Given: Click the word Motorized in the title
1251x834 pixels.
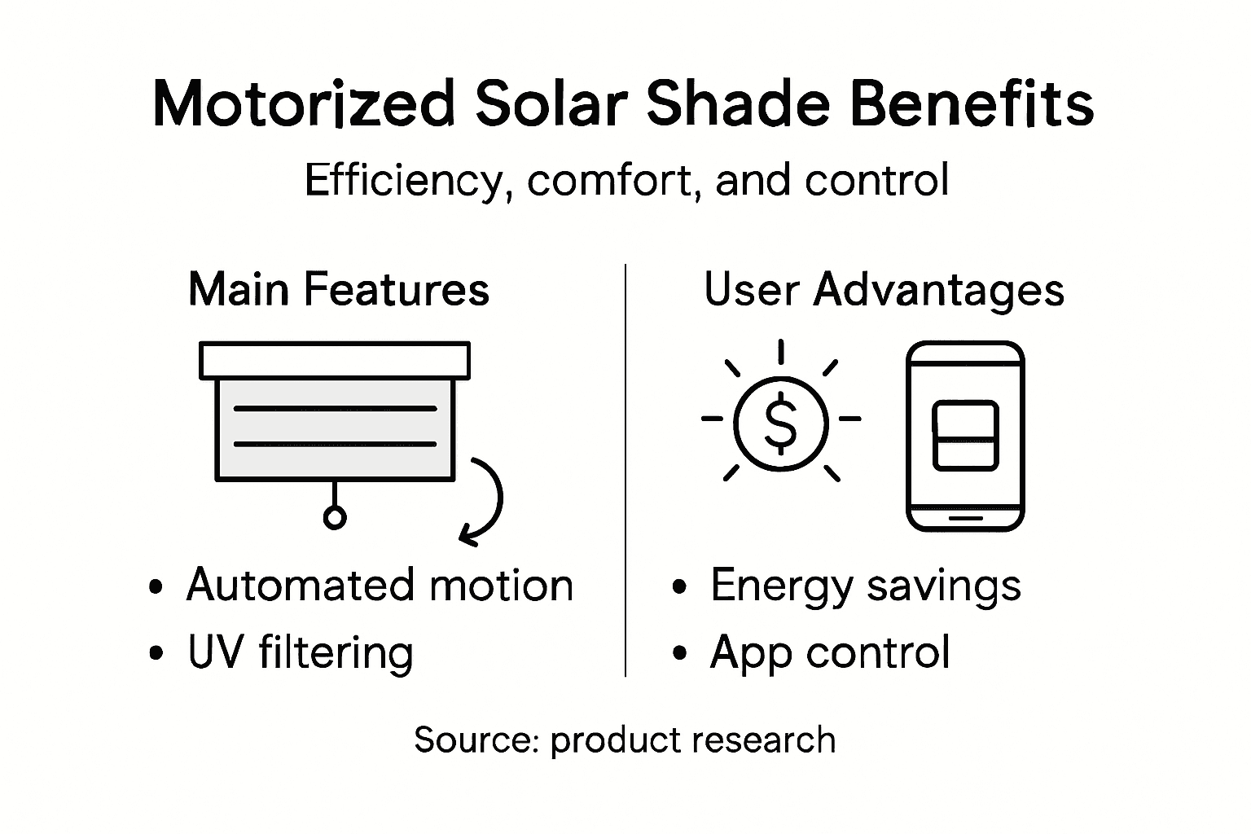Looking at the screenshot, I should (x=302, y=105).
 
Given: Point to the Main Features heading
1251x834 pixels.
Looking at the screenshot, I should (x=339, y=289).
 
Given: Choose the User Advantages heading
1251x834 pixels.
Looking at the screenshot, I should (x=884, y=289).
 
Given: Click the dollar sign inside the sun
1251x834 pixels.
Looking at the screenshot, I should (x=781, y=422).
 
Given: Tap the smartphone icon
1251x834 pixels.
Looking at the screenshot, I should (x=965, y=436).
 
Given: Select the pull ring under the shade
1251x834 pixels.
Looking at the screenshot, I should (x=335, y=518).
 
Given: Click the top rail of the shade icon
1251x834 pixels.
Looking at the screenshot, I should (x=335, y=360).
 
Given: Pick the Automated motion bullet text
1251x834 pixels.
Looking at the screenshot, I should (x=380, y=585).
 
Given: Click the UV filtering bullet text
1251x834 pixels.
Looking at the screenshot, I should (x=300, y=652).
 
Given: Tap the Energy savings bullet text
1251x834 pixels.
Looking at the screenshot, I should (x=865, y=585).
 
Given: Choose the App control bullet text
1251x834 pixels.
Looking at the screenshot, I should (x=829, y=652).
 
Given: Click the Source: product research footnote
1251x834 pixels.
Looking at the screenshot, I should (x=625, y=740).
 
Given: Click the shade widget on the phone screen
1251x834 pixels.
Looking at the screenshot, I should (x=965, y=435).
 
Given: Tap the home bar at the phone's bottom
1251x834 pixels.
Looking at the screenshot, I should (x=965, y=517).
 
